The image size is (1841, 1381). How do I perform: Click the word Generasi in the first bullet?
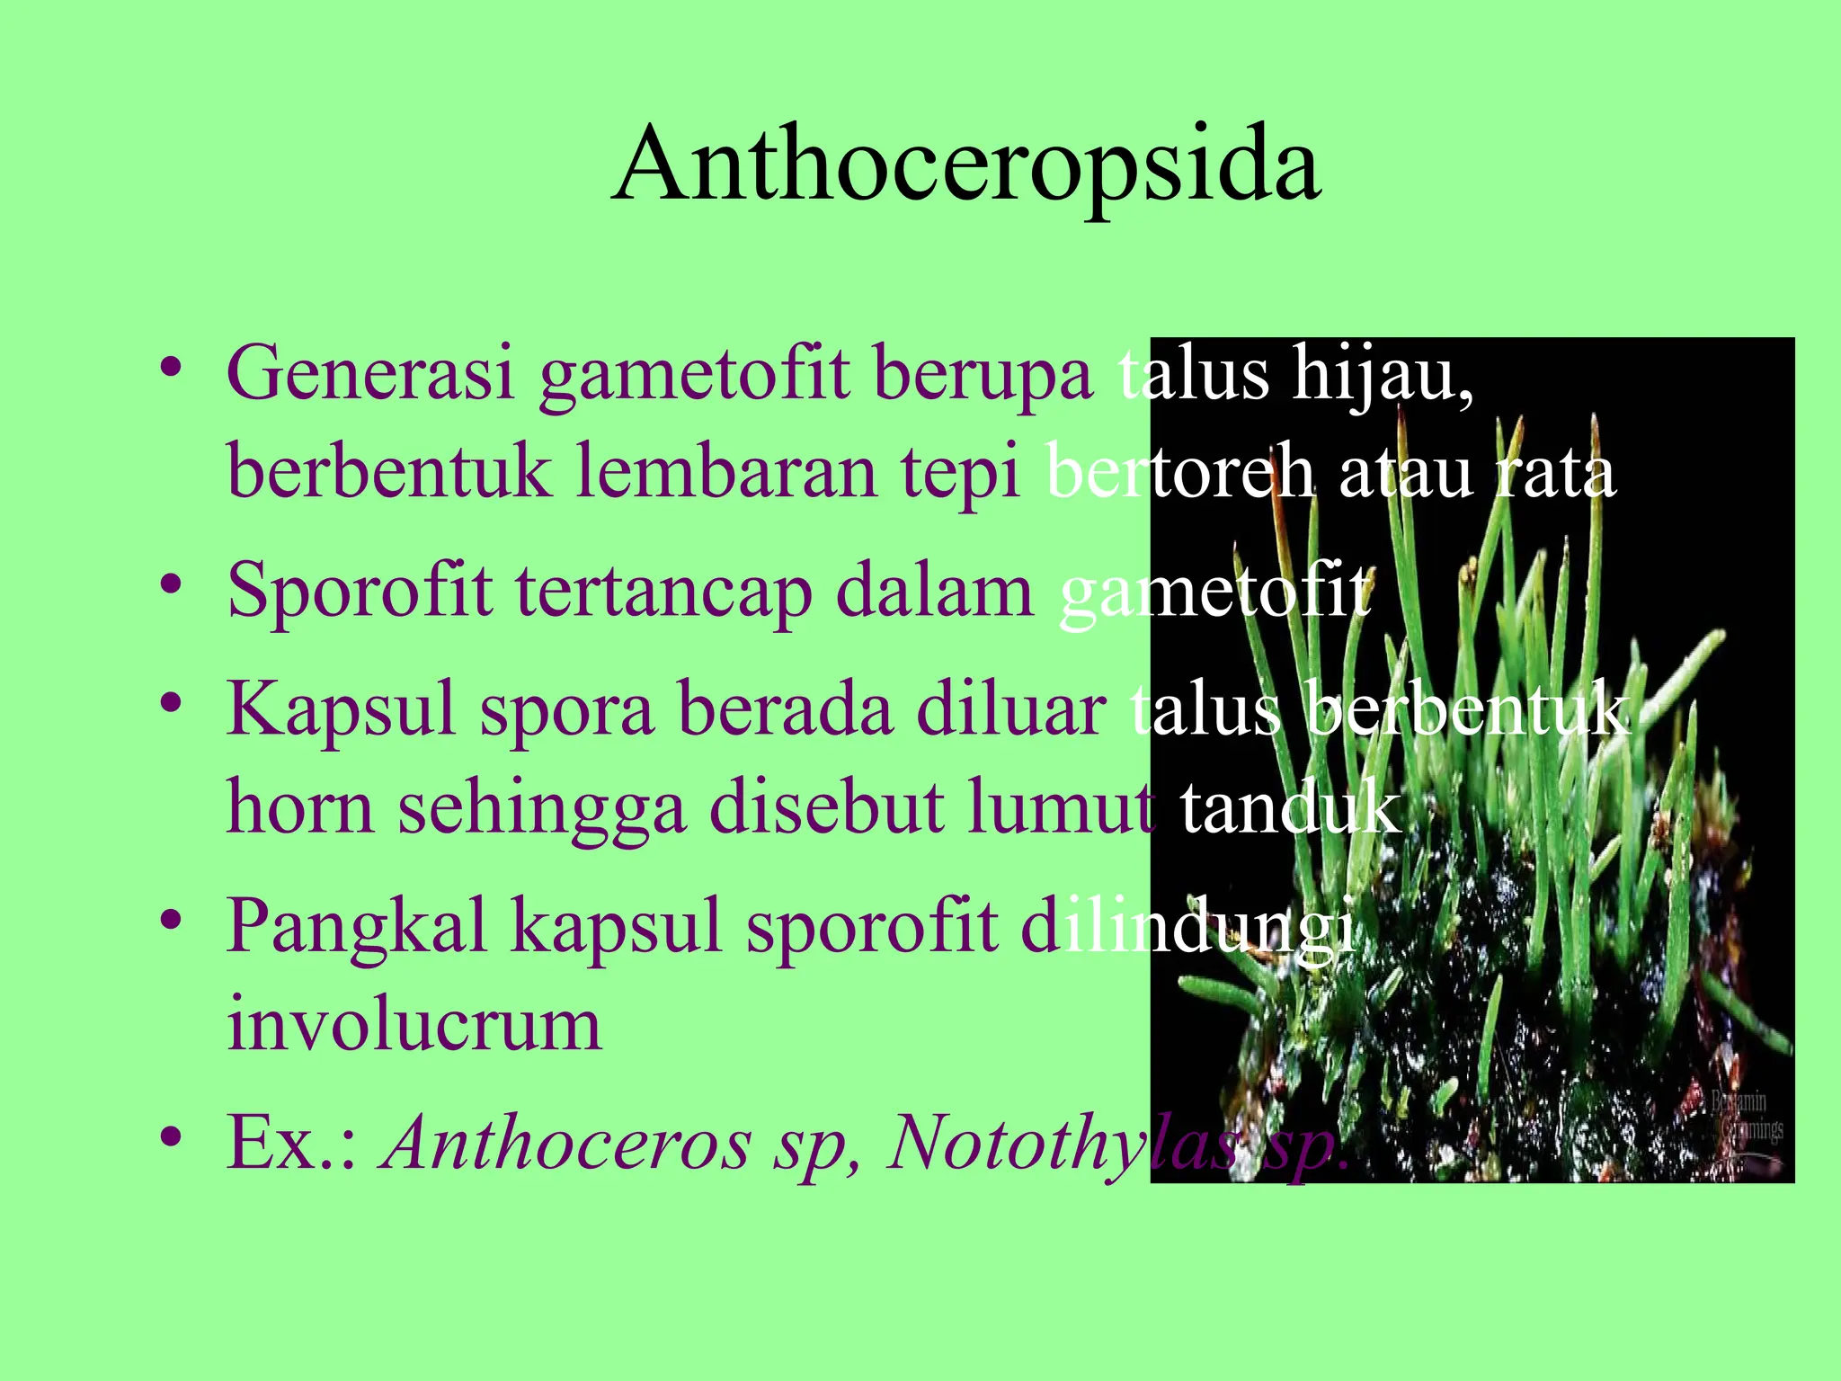pos(369,373)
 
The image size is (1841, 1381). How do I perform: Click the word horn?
pos(299,807)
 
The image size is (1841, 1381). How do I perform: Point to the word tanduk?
pos(1290,807)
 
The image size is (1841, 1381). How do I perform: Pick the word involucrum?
pos(414,1025)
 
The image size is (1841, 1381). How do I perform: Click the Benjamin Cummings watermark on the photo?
pos(1744,1116)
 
